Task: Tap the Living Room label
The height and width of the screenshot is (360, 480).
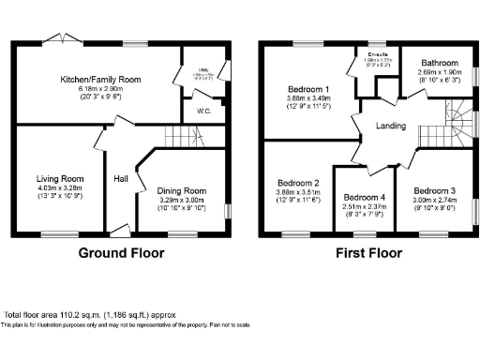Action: pyautogui.click(x=60, y=178)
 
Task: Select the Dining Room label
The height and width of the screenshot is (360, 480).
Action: pyautogui.click(x=181, y=189)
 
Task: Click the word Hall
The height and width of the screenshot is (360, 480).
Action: pyautogui.click(x=121, y=179)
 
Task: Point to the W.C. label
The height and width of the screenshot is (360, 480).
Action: pyautogui.click(x=203, y=112)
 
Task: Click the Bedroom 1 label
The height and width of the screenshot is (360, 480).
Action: pyautogui.click(x=307, y=91)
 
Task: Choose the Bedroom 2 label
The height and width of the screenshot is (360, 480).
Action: pyautogui.click(x=298, y=183)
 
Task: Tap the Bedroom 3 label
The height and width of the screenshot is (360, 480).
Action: pyautogui.click(x=435, y=190)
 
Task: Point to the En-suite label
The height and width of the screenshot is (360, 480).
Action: pyautogui.click(x=367, y=58)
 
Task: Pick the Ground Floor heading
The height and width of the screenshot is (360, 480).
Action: pyautogui.click(x=121, y=253)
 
